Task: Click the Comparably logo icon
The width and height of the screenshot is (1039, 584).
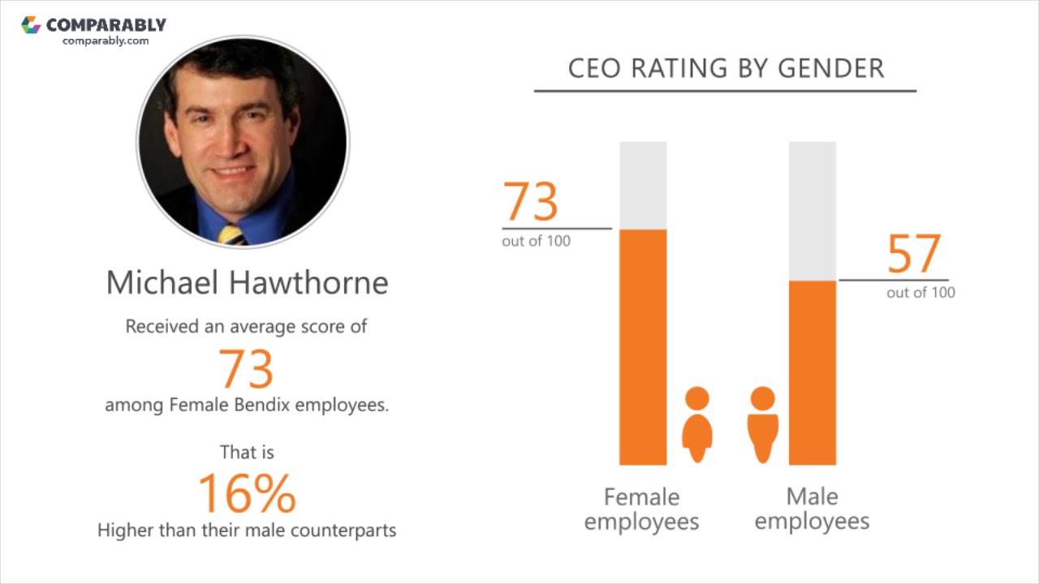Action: [x=31, y=25]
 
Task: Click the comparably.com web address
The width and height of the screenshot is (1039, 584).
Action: [x=106, y=41]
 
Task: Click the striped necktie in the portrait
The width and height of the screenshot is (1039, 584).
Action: [x=231, y=235]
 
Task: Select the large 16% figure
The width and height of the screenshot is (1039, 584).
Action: [x=247, y=493]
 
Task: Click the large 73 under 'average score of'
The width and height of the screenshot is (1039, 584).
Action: [x=247, y=368]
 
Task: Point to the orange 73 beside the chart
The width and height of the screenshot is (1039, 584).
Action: [x=531, y=202]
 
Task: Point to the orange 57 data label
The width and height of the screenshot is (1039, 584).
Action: [x=914, y=254]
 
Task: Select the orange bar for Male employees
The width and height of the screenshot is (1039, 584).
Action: [x=813, y=373]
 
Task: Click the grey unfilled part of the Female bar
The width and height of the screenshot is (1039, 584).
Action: [x=643, y=185]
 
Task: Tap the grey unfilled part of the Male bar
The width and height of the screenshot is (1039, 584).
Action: [x=813, y=211]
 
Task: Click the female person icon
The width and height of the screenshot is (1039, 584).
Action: [x=696, y=424]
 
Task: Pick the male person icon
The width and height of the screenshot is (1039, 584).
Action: [x=762, y=424]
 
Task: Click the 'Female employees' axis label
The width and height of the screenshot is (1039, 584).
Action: [x=641, y=509]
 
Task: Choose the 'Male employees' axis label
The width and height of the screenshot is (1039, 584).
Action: [x=812, y=509]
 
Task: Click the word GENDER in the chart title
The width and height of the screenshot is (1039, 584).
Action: [x=830, y=69]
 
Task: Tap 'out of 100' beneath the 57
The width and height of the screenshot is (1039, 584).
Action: [x=920, y=293]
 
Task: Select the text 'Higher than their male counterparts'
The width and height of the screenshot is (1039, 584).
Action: [x=247, y=530]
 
